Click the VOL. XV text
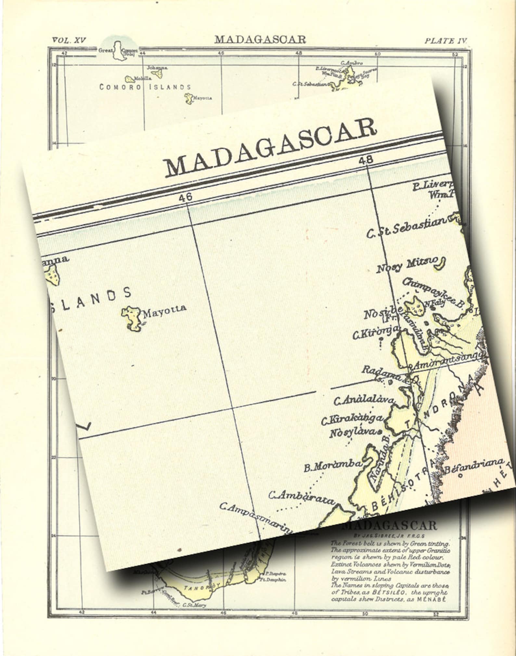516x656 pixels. pyautogui.click(x=69, y=40)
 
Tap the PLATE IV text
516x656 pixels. pyautogui.click(x=446, y=41)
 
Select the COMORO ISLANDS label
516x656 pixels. pyautogui.click(x=145, y=87)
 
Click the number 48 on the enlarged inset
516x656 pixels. pyautogui.click(x=366, y=160)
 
